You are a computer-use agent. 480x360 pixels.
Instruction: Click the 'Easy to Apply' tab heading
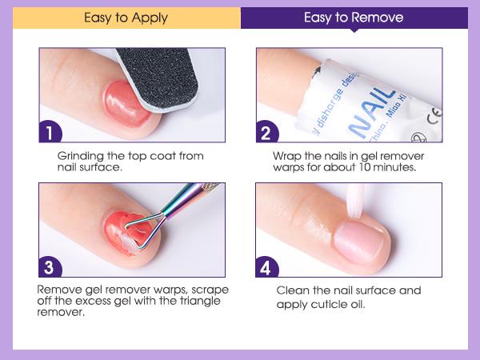(x=126, y=18)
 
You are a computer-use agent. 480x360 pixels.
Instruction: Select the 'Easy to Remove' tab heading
(x=354, y=18)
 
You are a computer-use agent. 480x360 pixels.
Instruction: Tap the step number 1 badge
(x=50, y=132)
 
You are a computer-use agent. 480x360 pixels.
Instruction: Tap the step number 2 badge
(x=267, y=132)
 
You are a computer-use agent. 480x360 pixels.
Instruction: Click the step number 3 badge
(x=50, y=267)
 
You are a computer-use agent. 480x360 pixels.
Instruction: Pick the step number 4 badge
(x=267, y=267)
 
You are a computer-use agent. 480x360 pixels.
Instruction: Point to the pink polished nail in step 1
(x=126, y=104)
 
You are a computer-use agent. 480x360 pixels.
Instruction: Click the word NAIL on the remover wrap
(x=371, y=112)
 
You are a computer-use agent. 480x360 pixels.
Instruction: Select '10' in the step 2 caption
(x=365, y=167)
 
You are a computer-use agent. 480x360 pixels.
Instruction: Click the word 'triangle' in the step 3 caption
(x=199, y=302)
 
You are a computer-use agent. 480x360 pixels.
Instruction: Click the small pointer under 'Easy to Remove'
(x=354, y=30)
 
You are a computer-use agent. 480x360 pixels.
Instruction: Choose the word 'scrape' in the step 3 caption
(x=210, y=290)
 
